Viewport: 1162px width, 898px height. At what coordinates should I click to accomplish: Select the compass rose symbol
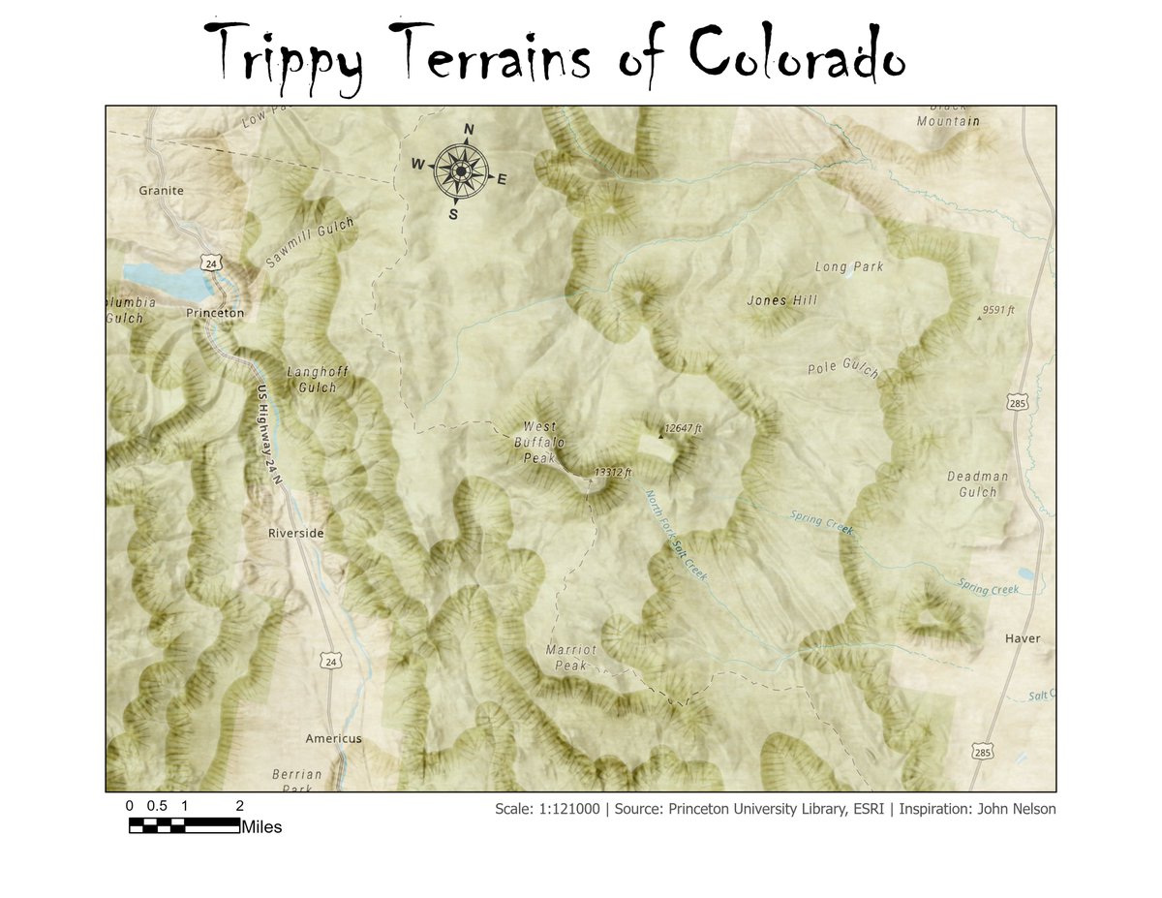coord(461,171)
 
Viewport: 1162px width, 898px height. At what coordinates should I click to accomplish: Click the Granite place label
coord(161,191)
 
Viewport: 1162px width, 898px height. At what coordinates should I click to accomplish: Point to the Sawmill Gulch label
coord(310,242)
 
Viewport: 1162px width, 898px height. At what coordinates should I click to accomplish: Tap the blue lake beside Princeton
coord(169,281)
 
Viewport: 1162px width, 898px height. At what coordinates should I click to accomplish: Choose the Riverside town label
coord(296,534)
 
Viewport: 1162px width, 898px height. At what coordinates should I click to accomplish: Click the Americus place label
coord(333,738)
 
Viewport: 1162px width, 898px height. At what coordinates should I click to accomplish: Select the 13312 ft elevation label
coord(612,473)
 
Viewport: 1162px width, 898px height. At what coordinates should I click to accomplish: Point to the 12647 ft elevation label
coord(683,427)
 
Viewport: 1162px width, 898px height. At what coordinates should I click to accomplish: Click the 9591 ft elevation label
coord(997,310)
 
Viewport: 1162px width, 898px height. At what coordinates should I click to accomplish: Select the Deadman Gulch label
coord(977,484)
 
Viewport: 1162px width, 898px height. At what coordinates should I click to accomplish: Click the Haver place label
coord(1022,639)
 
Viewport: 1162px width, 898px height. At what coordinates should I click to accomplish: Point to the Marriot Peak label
coord(571,657)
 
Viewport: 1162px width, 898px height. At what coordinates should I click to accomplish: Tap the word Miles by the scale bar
coord(261,827)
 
